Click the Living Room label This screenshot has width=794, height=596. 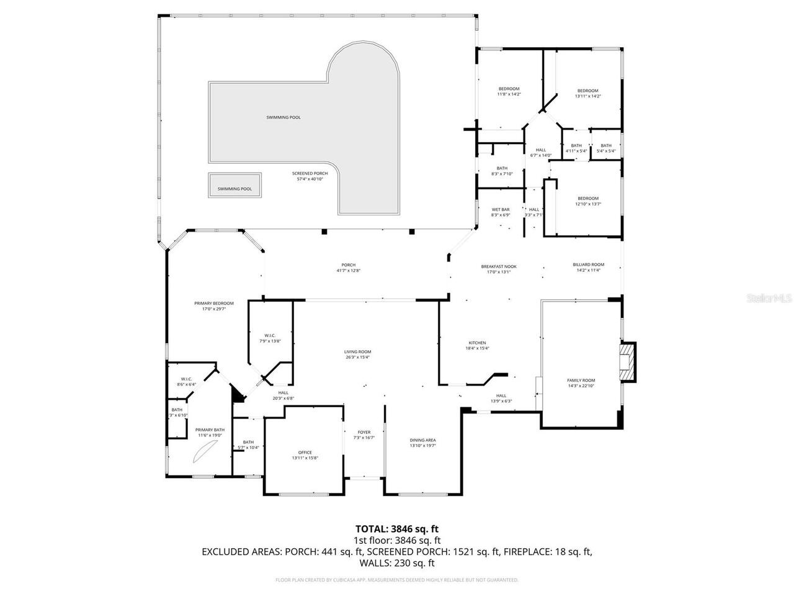(358, 352)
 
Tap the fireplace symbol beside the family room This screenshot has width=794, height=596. (628, 362)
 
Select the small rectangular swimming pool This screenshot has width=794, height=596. (234, 185)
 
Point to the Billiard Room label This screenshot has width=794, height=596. (588, 264)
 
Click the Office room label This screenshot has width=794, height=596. (305, 453)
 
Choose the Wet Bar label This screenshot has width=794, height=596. (501, 210)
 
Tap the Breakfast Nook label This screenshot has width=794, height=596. (498, 266)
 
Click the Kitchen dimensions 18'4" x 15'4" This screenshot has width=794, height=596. (477, 348)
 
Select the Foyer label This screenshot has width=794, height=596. (364, 432)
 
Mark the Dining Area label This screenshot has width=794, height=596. (422, 440)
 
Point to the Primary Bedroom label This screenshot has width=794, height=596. (213, 304)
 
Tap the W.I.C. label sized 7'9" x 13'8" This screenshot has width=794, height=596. (270, 336)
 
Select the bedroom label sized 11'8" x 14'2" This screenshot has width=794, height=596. (509, 89)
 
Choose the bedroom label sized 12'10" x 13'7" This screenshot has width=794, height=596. (588, 199)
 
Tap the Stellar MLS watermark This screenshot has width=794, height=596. (769, 298)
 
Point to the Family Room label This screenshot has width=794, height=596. (581, 381)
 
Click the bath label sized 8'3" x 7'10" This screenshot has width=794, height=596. (502, 168)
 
